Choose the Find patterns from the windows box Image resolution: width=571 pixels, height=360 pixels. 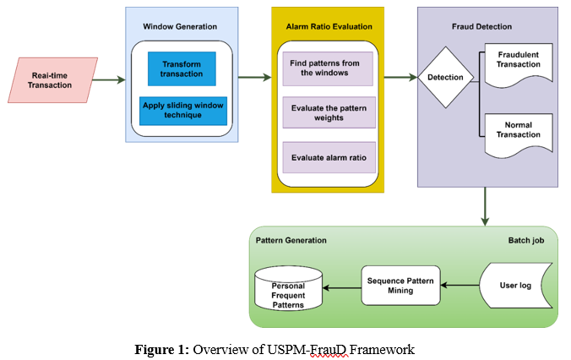coord(324,68)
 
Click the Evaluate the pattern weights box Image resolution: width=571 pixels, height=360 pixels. coord(328,112)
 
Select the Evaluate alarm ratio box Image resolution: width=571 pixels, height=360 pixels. coord(328,158)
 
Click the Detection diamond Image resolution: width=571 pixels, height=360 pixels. coord(445,78)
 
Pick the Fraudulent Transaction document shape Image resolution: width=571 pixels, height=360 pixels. coord(519,61)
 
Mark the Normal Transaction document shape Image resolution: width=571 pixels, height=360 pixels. coord(519,130)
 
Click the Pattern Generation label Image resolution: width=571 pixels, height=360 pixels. coord(291,241)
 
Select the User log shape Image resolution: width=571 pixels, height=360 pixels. coord(514,286)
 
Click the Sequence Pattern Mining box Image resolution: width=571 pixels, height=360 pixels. coord(401,285)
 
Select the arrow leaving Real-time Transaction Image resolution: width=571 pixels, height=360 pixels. coord(108,79)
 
